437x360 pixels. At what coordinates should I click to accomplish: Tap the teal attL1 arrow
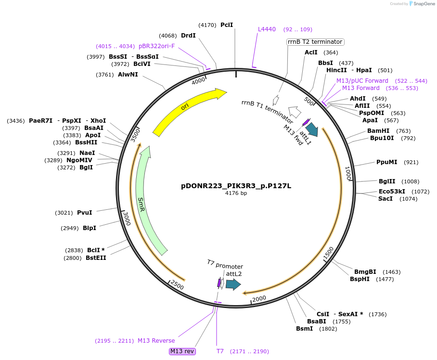[x=312, y=129]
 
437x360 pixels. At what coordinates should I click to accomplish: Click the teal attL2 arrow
[x=233, y=284]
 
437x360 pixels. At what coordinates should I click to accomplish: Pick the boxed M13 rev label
[x=182, y=351]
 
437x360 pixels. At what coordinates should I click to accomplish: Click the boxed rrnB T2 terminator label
[x=315, y=42]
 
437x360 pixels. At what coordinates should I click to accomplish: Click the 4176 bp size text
[x=236, y=193]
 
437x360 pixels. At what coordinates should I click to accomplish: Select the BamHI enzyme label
[x=378, y=131]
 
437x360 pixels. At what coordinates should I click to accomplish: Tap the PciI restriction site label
[x=227, y=25]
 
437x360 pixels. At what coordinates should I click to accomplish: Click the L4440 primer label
[x=267, y=29]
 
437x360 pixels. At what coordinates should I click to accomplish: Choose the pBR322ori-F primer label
[x=156, y=46]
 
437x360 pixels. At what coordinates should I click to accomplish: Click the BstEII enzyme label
[x=96, y=258]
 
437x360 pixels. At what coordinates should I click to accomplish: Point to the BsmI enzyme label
[x=304, y=329]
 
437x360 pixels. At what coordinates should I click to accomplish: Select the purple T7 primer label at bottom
[x=220, y=351]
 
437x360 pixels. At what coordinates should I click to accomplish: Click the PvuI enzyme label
[x=84, y=212]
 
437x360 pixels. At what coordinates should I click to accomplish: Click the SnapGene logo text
[x=424, y=4]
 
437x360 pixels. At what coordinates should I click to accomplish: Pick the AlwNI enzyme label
[x=128, y=75]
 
